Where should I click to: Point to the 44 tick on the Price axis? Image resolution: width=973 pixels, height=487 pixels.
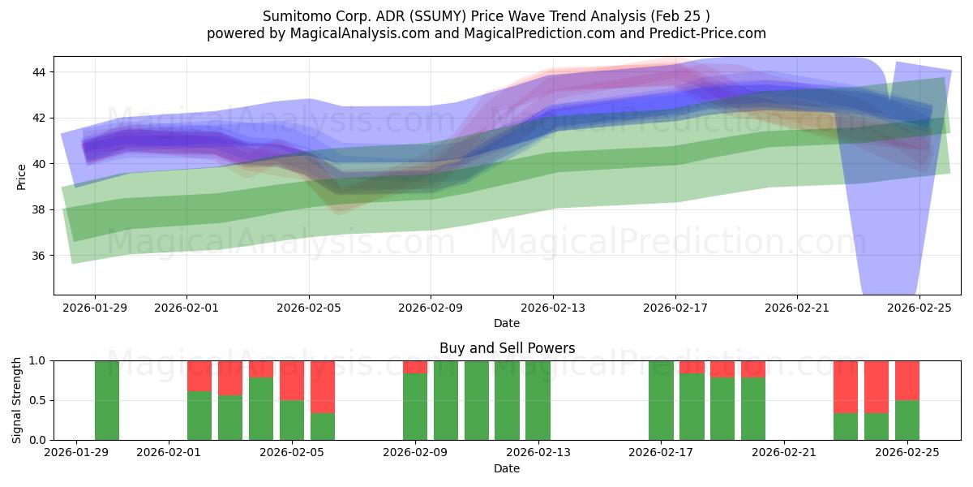click(39, 72)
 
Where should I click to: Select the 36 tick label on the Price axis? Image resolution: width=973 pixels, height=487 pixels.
click(39, 256)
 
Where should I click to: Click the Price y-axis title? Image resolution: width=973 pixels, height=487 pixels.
click(21, 175)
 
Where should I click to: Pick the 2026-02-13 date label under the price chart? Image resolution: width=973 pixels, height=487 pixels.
click(553, 308)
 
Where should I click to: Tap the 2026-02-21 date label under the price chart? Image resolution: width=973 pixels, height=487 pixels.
click(797, 308)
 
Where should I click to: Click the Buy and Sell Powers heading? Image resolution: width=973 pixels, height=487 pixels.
click(507, 348)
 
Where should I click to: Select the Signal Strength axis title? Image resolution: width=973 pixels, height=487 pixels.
click(17, 400)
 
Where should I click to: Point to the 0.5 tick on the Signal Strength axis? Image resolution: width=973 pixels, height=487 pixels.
click(36, 400)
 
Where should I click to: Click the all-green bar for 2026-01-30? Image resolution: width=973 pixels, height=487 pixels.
click(107, 400)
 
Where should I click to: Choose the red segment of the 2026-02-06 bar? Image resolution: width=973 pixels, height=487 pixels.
click(323, 386)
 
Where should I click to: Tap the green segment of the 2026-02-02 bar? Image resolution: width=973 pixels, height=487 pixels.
click(199, 416)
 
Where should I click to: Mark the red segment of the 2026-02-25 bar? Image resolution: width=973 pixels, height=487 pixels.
click(907, 380)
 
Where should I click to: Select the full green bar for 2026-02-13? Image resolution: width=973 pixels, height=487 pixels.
click(538, 400)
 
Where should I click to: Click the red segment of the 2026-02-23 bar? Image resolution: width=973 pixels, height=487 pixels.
click(846, 386)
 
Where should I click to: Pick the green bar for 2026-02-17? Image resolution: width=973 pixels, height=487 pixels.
click(661, 400)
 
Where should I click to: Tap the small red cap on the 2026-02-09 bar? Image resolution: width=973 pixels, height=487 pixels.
click(415, 367)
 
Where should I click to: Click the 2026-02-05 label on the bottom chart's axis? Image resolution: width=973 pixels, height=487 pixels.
click(291, 452)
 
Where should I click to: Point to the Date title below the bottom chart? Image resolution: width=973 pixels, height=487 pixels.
click(507, 468)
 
